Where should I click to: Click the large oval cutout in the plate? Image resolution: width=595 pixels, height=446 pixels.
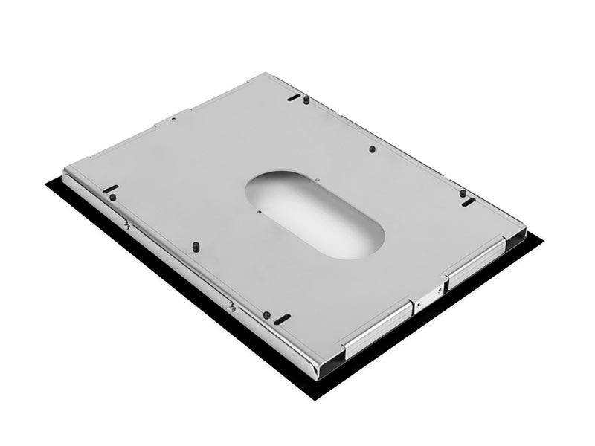pos(315,214)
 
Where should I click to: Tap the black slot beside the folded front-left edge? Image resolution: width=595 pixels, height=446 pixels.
pos(282,319)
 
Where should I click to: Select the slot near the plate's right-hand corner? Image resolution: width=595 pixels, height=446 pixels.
pos(468,202)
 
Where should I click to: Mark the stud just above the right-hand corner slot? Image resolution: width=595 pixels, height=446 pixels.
pos(463,193)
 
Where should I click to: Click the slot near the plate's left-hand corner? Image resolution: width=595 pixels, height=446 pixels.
pos(110,189)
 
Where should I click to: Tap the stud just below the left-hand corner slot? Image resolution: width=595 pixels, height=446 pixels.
pos(113,198)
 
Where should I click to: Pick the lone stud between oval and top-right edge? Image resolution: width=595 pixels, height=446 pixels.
pos(372,149)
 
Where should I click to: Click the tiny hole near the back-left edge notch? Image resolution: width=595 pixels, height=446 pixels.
pos(173,119)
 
